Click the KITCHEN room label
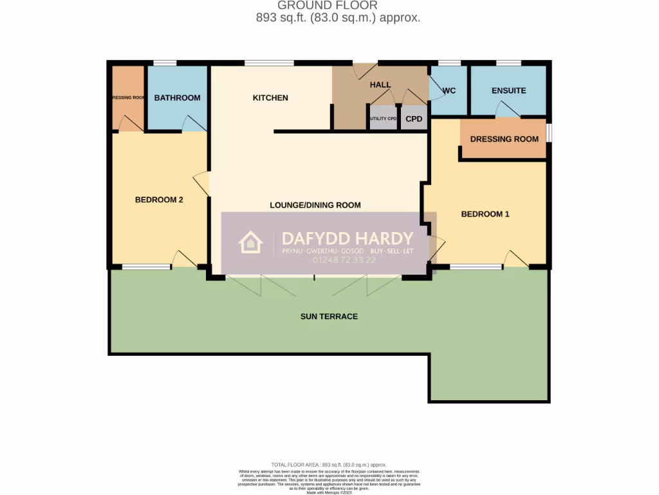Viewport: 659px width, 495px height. (x=270, y=98)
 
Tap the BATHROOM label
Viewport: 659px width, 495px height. (x=177, y=98)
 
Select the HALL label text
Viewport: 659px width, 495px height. (x=380, y=85)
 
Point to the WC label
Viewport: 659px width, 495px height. (x=449, y=91)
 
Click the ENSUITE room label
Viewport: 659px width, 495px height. (x=508, y=91)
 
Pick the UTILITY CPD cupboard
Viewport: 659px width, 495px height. (x=383, y=119)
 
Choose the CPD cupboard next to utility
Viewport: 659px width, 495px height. (x=414, y=119)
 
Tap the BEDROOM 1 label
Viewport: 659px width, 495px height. (x=485, y=214)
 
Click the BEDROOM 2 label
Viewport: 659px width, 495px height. (x=159, y=200)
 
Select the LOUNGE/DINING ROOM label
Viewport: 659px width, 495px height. (x=315, y=205)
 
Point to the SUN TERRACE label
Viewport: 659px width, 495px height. (x=329, y=316)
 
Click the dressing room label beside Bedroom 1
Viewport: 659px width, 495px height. (x=504, y=139)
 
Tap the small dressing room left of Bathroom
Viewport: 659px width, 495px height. (x=128, y=97)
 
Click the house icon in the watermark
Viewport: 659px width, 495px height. (x=250, y=243)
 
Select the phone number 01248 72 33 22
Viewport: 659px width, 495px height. (x=344, y=260)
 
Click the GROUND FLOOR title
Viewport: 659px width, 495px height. (x=328, y=6)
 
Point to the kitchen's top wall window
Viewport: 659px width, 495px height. (x=269, y=63)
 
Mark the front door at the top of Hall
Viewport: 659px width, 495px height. (x=365, y=68)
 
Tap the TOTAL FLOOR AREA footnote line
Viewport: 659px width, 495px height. (x=329, y=465)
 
